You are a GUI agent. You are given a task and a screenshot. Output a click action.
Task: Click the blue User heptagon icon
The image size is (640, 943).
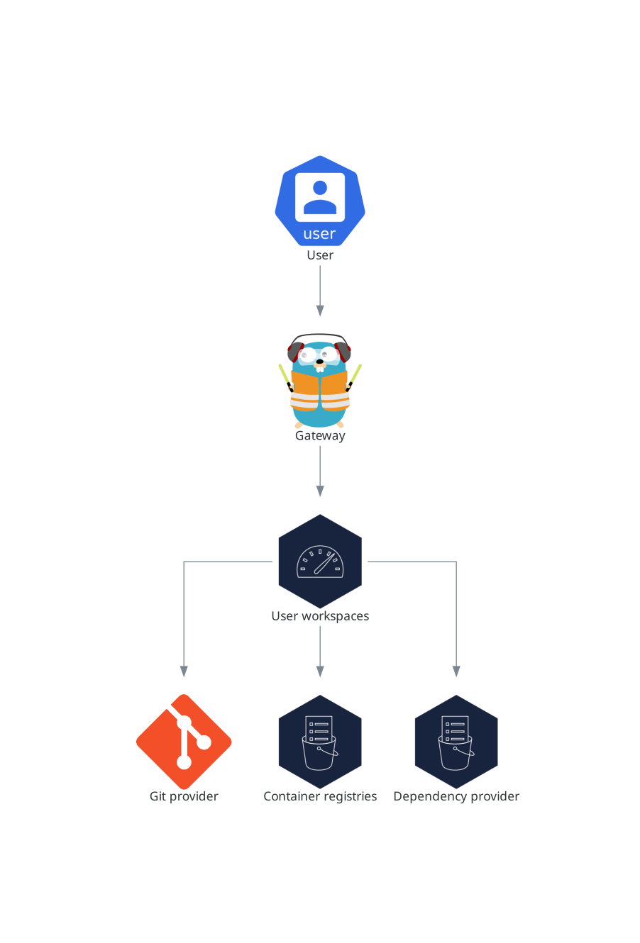click(320, 201)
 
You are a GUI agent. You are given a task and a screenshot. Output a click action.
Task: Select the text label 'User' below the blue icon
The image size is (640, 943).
click(320, 255)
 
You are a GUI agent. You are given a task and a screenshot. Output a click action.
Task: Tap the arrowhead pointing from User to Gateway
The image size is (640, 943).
click(320, 311)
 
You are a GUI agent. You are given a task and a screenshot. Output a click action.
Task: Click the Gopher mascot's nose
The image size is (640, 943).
click(320, 361)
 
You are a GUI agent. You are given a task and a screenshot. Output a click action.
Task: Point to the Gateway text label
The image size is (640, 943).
click(320, 436)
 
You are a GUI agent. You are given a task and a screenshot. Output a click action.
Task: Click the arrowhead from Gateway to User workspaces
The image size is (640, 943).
click(320, 491)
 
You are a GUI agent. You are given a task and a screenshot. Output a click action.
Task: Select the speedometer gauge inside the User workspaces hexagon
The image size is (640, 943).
click(320, 562)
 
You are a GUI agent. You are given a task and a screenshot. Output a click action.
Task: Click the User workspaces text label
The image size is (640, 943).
click(320, 616)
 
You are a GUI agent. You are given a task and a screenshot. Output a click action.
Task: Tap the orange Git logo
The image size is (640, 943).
click(184, 742)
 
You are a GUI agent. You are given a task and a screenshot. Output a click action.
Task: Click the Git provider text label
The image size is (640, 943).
click(184, 796)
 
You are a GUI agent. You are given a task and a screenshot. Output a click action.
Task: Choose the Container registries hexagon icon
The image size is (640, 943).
click(320, 742)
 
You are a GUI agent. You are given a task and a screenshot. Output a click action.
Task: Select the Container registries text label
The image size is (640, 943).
click(320, 796)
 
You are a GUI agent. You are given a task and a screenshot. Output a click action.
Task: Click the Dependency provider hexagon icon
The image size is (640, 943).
click(456, 742)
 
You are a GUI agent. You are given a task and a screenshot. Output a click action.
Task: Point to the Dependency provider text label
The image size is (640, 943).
click(456, 796)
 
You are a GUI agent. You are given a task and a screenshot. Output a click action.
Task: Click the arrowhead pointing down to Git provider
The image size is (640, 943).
click(184, 671)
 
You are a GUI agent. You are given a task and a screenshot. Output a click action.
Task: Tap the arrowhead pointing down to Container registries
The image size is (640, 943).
click(320, 671)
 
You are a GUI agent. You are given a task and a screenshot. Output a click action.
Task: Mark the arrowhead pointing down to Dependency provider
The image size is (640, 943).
click(456, 671)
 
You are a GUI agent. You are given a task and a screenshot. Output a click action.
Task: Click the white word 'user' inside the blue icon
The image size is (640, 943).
click(319, 234)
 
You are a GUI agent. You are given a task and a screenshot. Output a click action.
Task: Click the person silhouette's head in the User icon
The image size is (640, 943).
click(320, 188)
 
